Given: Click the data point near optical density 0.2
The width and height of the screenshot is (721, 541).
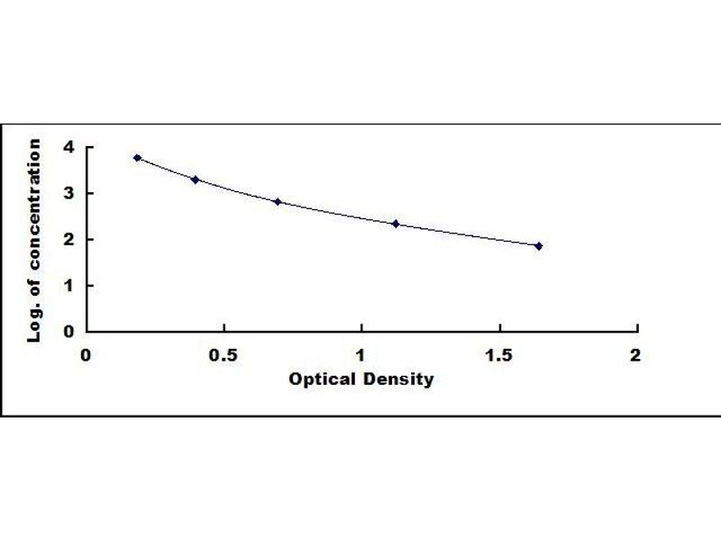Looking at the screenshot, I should coord(137,158).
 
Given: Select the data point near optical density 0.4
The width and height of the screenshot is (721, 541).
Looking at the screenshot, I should coord(195,179).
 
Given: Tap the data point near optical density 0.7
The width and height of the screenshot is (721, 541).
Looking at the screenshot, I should coord(278,202).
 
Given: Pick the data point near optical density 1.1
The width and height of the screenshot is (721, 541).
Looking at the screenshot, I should coord(395,224).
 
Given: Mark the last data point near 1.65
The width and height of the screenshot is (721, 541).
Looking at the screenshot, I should coord(538,246).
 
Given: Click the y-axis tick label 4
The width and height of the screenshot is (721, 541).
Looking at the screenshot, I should coord(68,147).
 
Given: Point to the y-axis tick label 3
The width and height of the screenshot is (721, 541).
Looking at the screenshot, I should coord(68,193).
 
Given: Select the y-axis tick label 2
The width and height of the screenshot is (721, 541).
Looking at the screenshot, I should coord(68,239).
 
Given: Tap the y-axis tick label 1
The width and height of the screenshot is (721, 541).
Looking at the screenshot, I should coord(68,285).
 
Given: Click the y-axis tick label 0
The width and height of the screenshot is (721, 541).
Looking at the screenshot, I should coord(68,331).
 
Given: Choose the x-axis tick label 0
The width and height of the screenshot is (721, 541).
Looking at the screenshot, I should coord(87,355).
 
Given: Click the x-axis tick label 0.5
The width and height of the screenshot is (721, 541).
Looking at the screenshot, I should coord(224,355).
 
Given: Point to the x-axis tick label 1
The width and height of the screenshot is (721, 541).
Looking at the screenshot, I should coord(361,355).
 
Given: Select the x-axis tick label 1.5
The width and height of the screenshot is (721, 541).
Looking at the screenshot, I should coord(498,355).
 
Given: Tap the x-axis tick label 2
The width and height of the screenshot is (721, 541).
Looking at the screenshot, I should coord(635,355).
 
